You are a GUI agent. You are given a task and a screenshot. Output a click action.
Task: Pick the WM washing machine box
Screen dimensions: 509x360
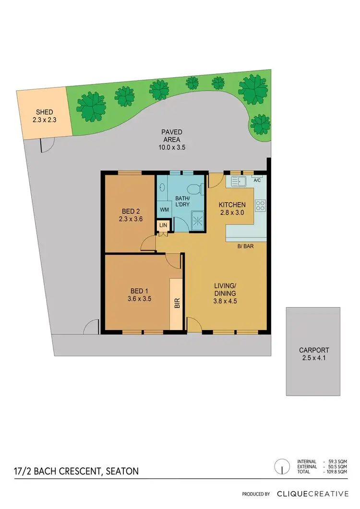click(x=164, y=210)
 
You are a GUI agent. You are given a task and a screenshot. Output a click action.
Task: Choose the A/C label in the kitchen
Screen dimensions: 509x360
click(x=257, y=180)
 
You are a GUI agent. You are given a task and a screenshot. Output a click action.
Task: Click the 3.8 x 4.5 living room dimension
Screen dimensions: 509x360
click(x=226, y=302)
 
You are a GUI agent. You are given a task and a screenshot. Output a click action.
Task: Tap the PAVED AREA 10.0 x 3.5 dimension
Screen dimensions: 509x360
click(x=171, y=148)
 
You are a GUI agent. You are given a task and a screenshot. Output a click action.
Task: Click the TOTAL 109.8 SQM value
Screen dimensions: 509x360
click(x=337, y=473)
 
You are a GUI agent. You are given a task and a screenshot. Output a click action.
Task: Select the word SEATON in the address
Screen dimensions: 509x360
click(x=121, y=471)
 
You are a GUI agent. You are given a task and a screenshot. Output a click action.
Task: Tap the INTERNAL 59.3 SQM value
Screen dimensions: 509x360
click(x=337, y=461)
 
